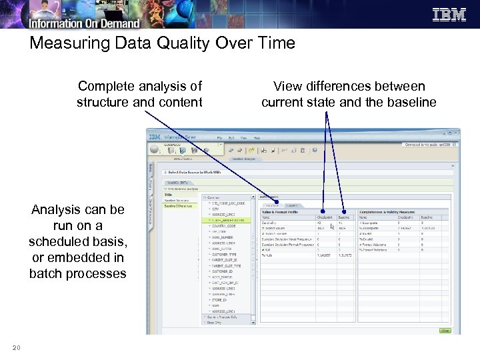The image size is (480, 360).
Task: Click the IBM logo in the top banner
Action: [x=449, y=15]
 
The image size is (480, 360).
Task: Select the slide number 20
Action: [x=17, y=347]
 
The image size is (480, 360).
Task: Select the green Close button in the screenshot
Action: [x=445, y=330]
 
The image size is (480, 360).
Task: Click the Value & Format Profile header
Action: [x=280, y=211]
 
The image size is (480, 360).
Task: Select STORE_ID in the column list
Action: [x=221, y=299]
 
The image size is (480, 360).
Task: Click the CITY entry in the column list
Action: [x=217, y=208]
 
